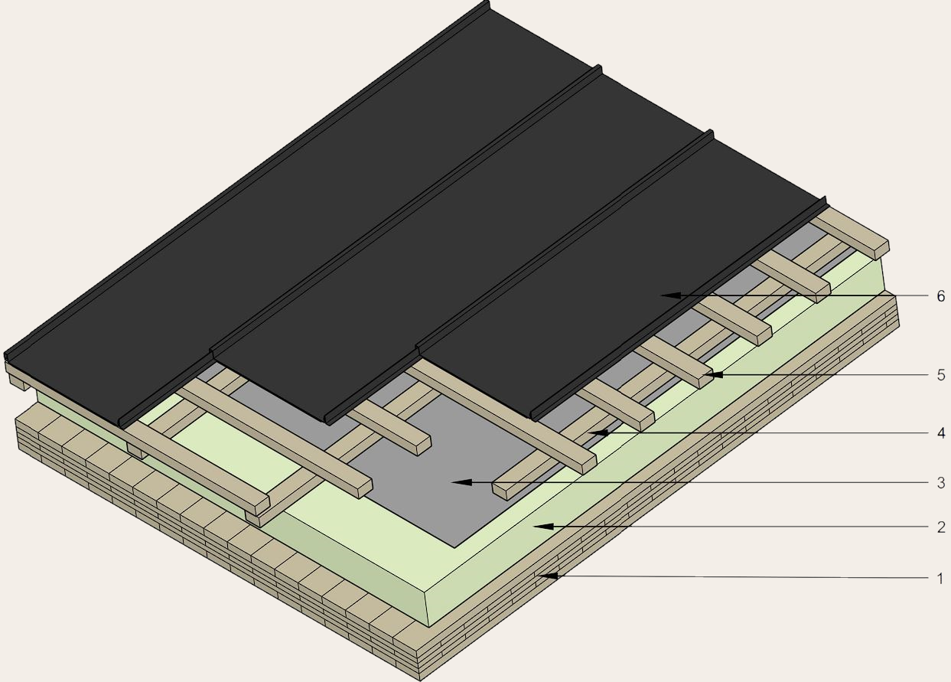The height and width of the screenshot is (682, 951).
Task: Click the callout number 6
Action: click(x=941, y=296)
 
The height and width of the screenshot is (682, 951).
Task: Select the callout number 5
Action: click(x=941, y=375)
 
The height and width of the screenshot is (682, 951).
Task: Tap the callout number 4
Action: click(x=941, y=433)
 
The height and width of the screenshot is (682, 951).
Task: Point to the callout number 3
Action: click(x=941, y=483)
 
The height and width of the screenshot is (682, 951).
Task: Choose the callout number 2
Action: click(x=941, y=527)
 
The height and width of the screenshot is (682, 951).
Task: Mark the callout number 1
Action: click(x=941, y=579)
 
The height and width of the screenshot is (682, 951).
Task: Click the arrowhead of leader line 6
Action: click(x=670, y=295)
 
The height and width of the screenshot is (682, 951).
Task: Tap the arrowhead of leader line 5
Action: click(x=712, y=374)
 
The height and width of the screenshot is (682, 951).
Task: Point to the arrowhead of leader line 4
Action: click(x=598, y=432)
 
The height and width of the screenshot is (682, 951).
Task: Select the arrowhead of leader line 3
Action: click(x=461, y=482)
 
